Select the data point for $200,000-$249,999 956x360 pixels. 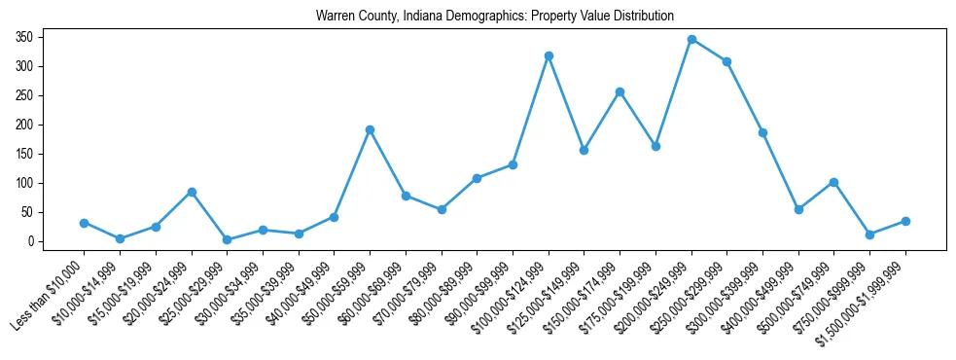[691, 39]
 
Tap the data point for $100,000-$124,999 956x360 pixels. [549, 55]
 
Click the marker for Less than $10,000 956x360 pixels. [84, 223]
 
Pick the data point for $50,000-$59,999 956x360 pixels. [370, 129]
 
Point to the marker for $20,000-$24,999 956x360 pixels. [192, 192]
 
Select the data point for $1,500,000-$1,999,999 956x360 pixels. [905, 221]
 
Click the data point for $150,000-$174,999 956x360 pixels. [620, 91]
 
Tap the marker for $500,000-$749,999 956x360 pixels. [834, 182]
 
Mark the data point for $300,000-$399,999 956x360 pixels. [762, 132]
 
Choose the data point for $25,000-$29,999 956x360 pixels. [227, 239]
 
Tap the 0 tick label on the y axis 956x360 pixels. [32, 241]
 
